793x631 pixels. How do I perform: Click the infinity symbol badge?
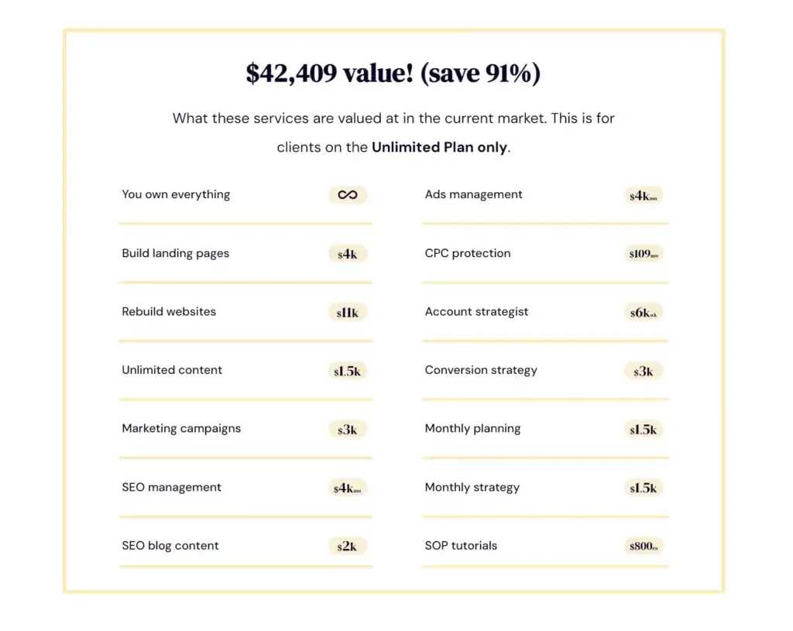tap(348, 195)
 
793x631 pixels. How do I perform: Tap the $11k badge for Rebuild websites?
tap(348, 313)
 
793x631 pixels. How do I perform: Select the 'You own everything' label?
tap(176, 194)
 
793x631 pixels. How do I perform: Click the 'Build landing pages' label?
tap(175, 253)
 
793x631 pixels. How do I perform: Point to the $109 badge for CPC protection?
tap(644, 254)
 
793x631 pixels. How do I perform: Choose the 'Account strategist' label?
tap(476, 311)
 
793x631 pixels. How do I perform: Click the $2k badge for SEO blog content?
tap(347, 547)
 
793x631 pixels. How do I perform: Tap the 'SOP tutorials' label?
tap(461, 545)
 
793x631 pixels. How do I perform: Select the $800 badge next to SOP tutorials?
tap(644, 547)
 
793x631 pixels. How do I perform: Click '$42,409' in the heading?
tap(291, 74)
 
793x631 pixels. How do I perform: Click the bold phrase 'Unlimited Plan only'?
tap(439, 147)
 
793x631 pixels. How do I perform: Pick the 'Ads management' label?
tap(473, 194)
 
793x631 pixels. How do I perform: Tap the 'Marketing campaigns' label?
tap(181, 428)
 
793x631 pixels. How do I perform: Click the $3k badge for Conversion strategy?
tap(644, 372)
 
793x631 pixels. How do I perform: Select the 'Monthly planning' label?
tap(472, 428)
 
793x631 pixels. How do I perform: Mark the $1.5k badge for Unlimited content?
tap(348, 372)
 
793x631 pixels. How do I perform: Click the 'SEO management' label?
tap(171, 487)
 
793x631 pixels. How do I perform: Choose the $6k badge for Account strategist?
tap(644, 313)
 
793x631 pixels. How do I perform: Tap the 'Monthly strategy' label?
tap(472, 487)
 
